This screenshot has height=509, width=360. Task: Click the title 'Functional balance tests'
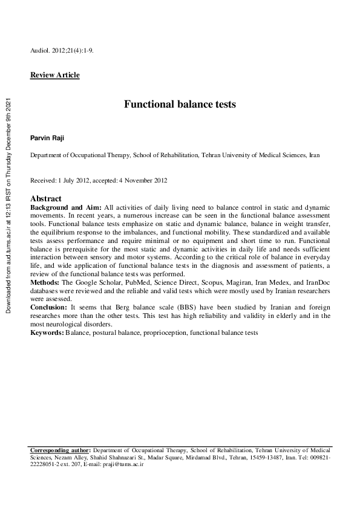tap(180, 104)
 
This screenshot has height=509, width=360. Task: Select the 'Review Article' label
tap(54, 75)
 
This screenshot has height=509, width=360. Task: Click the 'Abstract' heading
tap(46, 198)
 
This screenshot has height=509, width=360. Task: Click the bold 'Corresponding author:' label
tap(61, 451)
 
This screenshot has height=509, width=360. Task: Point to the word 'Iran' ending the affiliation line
tap(314, 155)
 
